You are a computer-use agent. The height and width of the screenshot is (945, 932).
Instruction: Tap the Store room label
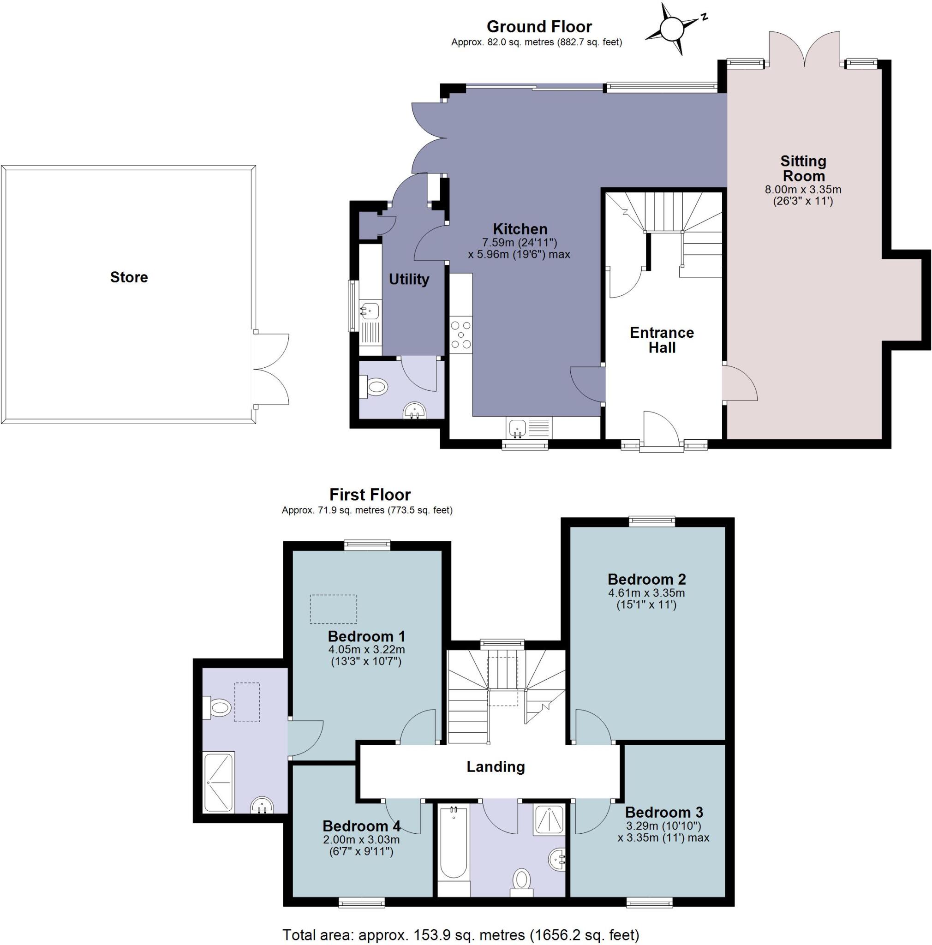(x=129, y=277)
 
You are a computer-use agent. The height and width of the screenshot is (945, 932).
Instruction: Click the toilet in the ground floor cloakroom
(x=375, y=388)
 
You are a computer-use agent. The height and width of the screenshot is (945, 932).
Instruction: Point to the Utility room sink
(x=370, y=310)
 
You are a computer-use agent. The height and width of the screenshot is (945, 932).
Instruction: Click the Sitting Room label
(x=803, y=168)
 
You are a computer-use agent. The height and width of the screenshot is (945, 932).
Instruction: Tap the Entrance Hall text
(x=662, y=340)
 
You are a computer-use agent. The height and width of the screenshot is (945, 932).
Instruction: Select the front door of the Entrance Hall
(x=661, y=431)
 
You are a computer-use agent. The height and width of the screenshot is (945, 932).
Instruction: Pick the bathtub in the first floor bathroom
(x=453, y=849)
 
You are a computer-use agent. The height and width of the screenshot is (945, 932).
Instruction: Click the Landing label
(x=496, y=766)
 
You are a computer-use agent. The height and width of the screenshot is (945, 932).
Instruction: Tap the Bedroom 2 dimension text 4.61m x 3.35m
(x=646, y=593)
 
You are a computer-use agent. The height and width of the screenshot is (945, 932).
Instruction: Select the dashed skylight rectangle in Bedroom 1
(x=333, y=609)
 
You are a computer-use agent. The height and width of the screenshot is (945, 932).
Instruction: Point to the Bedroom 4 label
(x=361, y=826)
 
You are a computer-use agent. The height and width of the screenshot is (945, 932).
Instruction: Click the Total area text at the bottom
(x=460, y=935)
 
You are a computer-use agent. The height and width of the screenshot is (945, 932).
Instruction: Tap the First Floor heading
(x=370, y=495)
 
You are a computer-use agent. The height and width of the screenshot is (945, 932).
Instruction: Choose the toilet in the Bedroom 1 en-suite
(x=218, y=707)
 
